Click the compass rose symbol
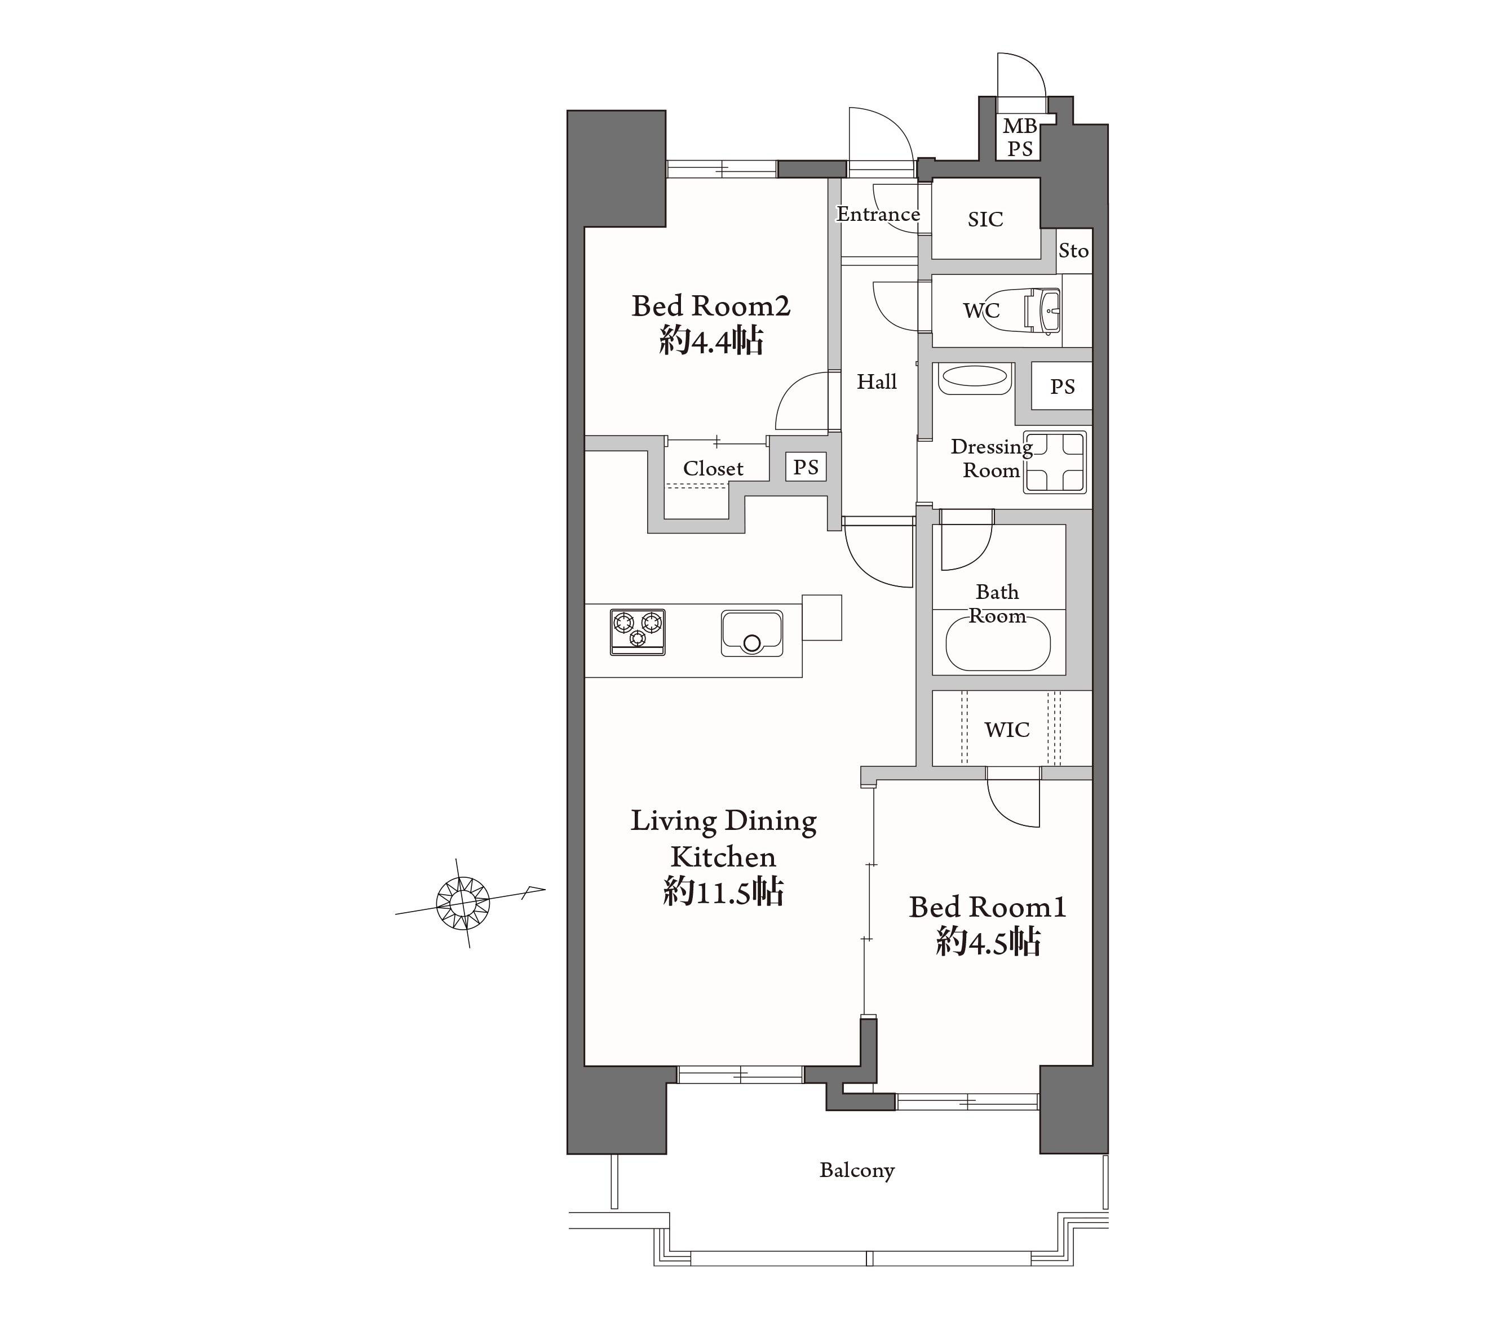(463, 903)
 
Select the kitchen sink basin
(752, 633)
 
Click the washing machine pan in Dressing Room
(1056, 461)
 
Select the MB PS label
(1020, 137)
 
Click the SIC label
(985, 219)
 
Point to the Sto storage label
(1073, 251)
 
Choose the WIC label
(1007, 730)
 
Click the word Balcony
(857, 1170)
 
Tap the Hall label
(877, 382)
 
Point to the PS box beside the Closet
(806, 467)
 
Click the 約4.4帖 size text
(711, 341)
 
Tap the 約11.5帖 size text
(723, 891)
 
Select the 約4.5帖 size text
(988, 941)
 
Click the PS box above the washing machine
(1062, 386)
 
